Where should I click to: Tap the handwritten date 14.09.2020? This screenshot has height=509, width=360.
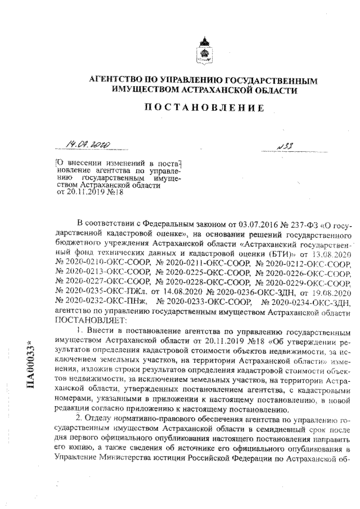coord(88,146)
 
